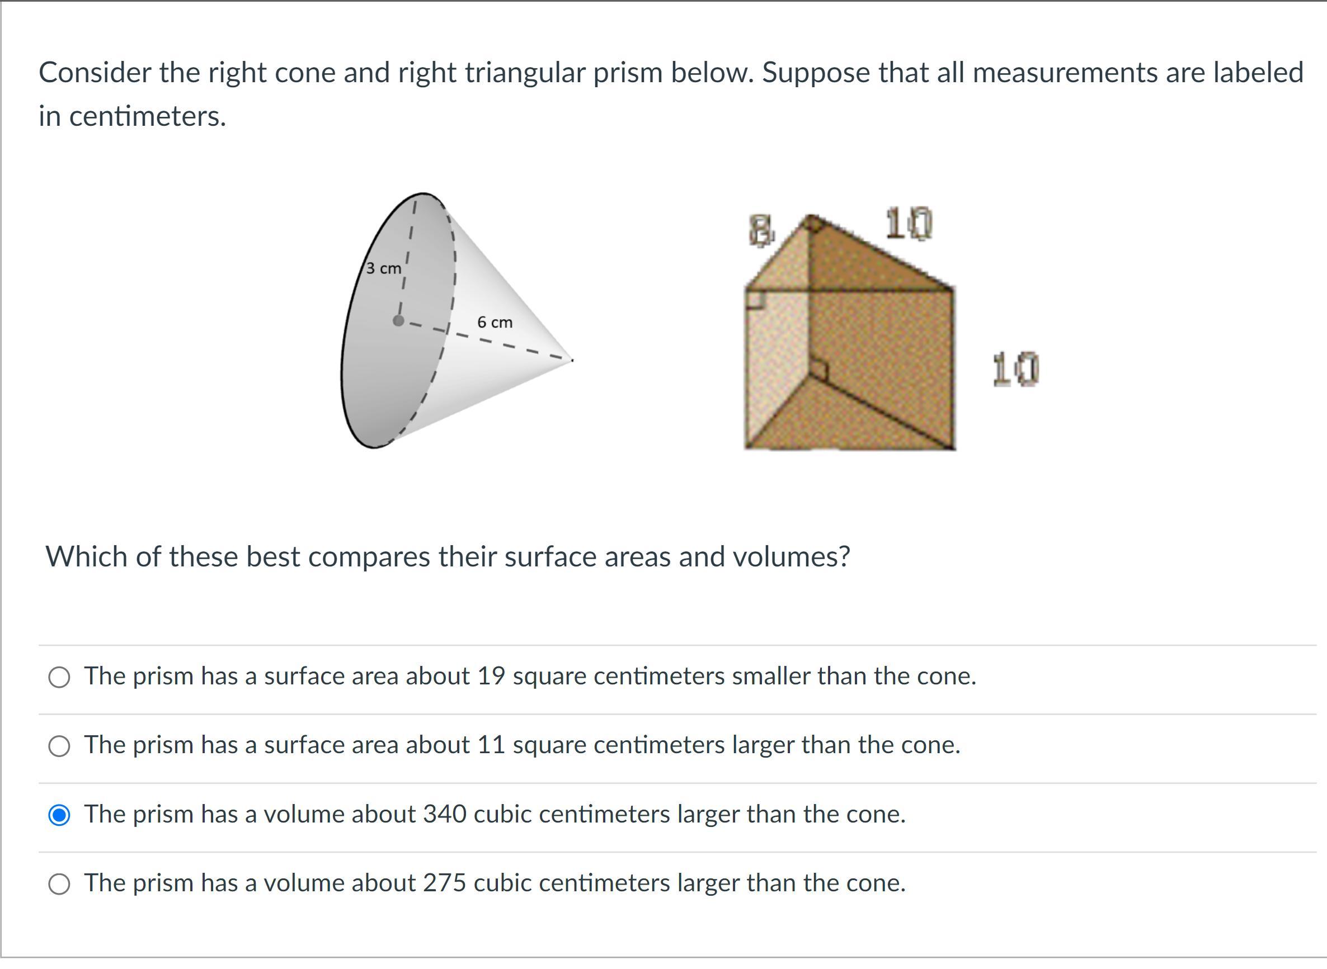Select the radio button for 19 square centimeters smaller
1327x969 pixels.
(59, 677)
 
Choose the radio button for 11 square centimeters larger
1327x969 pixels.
(59, 746)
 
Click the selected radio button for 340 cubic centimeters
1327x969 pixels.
(59, 815)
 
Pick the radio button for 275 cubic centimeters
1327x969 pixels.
(59, 884)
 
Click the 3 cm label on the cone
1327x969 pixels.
(384, 268)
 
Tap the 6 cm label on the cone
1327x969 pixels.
(495, 322)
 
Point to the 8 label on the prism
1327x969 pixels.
(761, 230)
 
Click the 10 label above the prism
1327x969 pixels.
(909, 224)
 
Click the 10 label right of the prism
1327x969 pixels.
(1016, 369)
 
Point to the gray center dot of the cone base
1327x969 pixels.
(398, 320)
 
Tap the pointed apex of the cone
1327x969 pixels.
(572, 360)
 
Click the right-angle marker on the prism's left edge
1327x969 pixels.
(755, 299)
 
